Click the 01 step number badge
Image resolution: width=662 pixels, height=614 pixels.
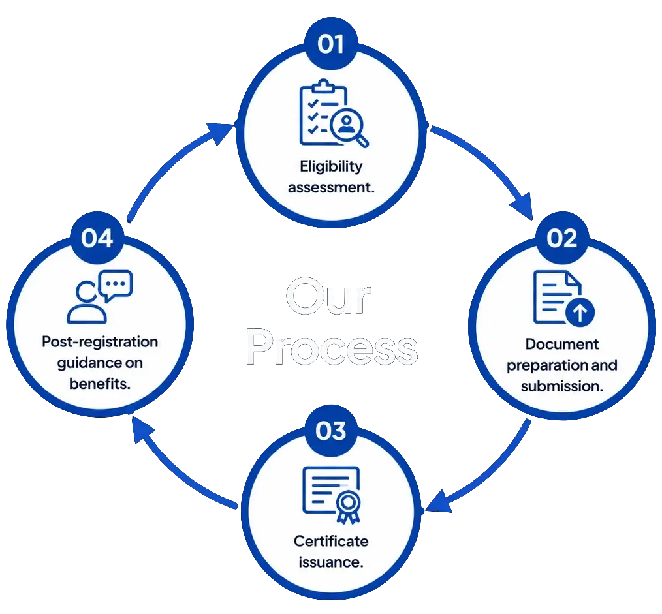coord(331,44)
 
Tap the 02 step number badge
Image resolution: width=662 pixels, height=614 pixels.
coord(562,238)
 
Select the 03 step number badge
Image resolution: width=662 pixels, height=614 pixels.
coord(331,431)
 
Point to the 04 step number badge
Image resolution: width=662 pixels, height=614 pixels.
coord(97,238)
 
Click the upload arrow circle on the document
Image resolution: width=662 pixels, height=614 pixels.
coord(580,313)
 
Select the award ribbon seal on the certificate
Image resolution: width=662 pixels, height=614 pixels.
coord(349,506)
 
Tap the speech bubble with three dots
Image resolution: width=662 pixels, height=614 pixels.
coord(116,285)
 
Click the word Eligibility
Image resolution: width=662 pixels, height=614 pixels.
coord(331,166)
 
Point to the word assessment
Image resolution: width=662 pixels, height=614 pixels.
coord(331,187)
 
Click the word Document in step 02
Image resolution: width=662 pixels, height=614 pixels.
coord(562,344)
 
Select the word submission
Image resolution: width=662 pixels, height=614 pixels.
coord(562,386)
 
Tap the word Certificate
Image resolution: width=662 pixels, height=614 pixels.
coord(331,541)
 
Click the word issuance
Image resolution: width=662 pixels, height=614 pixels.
coord(331,562)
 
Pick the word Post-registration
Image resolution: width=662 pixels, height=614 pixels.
coord(100,342)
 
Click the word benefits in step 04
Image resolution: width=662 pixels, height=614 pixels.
coord(100,384)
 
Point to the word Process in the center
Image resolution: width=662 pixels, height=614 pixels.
coord(332,347)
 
